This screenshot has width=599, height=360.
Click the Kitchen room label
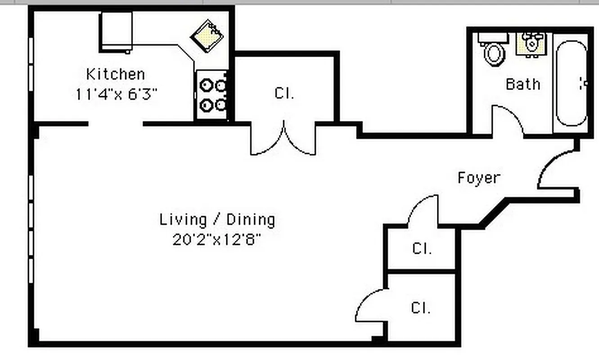115,74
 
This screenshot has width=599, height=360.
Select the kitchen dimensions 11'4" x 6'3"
116,94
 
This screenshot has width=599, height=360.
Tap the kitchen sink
208,36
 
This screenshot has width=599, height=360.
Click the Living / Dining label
217,220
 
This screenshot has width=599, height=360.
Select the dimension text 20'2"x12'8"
217,240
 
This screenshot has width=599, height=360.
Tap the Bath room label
522,84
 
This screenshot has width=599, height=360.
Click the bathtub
571,83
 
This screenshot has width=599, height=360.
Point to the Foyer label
478,178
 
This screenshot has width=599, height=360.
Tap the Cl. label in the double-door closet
284,94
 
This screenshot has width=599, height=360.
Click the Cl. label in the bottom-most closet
421,308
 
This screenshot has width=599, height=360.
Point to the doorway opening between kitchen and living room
116,124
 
